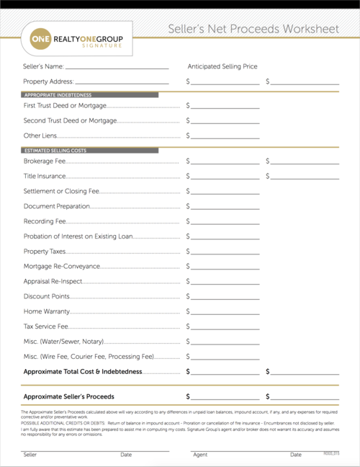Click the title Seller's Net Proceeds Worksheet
pyautogui.click(x=253, y=30)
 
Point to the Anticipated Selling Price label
pyautogui.click(x=222, y=66)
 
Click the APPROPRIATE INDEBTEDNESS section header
pyautogui.click(x=58, y=95)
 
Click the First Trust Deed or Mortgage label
pyautogui.click(x=64, y=105)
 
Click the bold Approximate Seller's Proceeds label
pyautogui.click(x=68, y=396)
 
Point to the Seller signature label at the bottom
pyautogui.click(x=30, y=455)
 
